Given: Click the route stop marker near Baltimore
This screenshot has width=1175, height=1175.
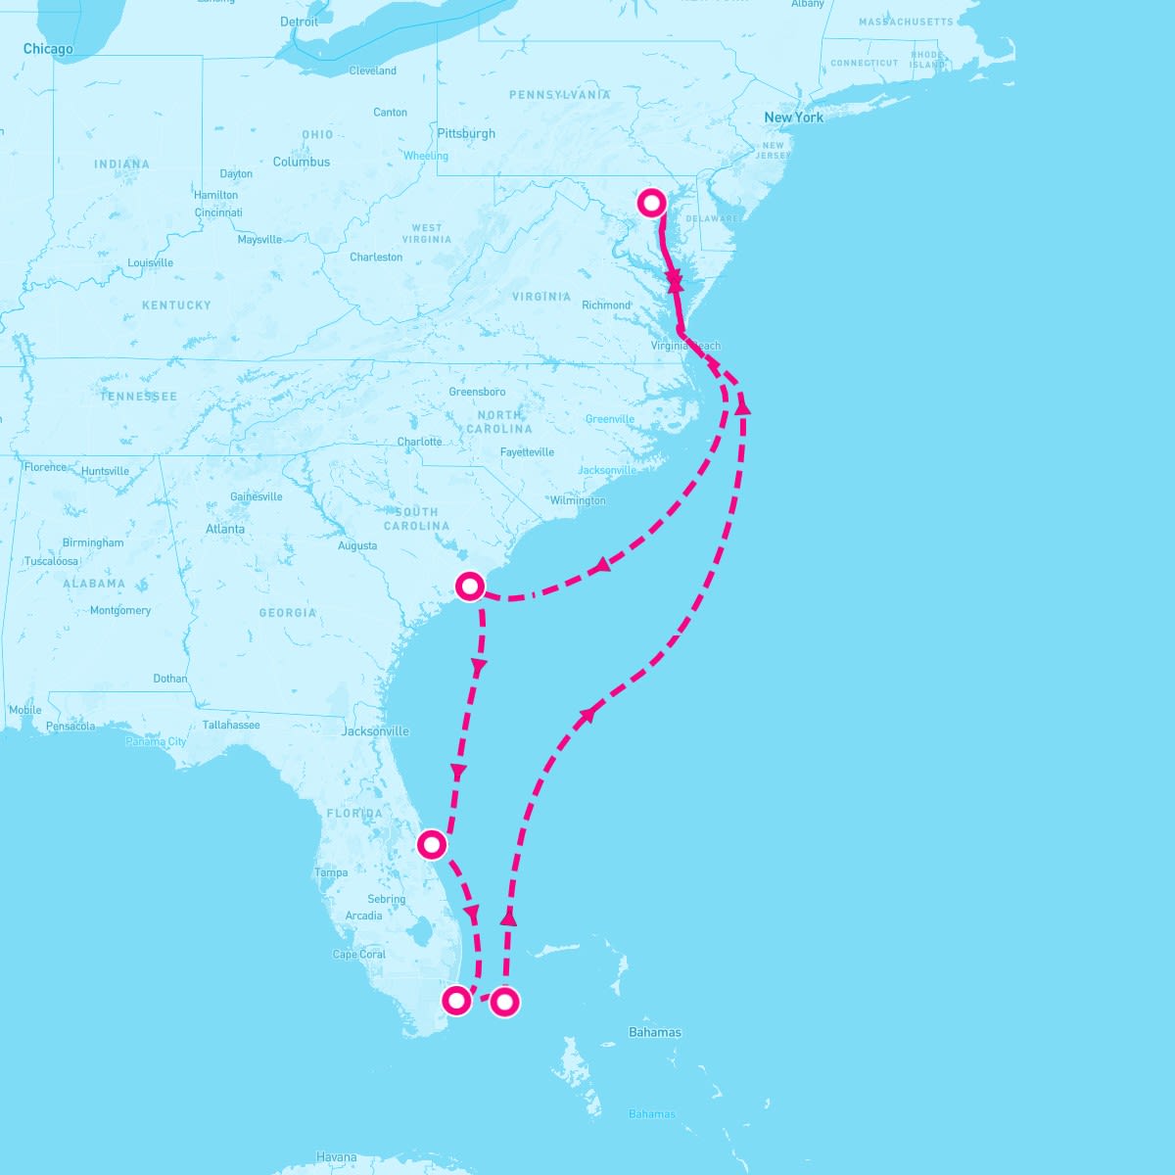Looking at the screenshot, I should tap(652, 203).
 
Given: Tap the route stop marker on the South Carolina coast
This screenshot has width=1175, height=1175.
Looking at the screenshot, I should tap(470, 586).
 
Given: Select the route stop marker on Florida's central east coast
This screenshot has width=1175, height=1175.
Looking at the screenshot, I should tap(432, 843).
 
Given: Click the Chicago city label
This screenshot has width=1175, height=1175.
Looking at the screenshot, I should tap(48, 49).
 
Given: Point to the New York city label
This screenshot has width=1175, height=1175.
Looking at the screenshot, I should tap(793, 117).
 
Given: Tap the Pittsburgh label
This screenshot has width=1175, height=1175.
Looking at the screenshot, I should tap(466, 133).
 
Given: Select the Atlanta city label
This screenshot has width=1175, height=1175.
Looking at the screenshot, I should tap(225, 529).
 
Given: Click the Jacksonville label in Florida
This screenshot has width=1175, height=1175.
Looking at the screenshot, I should tap(375, 731).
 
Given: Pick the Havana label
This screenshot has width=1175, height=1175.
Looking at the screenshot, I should tap(336, 1157).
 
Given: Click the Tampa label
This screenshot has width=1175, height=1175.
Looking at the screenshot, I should tap(331, 872).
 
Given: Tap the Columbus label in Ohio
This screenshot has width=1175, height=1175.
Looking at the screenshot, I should tap(302, 162).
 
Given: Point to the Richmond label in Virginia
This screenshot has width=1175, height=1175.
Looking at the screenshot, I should tap(606, 305).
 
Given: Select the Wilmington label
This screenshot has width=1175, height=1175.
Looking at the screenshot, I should tap(578, 500).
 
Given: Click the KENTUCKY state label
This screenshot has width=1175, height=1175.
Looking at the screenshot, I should tap(176, 305).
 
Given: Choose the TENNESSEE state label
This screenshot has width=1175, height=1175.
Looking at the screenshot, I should tap(138, 397).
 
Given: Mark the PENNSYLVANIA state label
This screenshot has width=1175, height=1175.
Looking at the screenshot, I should tap(559, 95).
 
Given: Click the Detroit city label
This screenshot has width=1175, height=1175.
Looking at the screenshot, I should tap(299, 22).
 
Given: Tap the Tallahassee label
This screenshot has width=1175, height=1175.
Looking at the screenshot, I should tap(231, 725).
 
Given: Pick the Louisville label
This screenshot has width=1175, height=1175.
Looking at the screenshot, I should tap(150, 262).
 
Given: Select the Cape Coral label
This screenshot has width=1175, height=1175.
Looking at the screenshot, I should tap(359, 954).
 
